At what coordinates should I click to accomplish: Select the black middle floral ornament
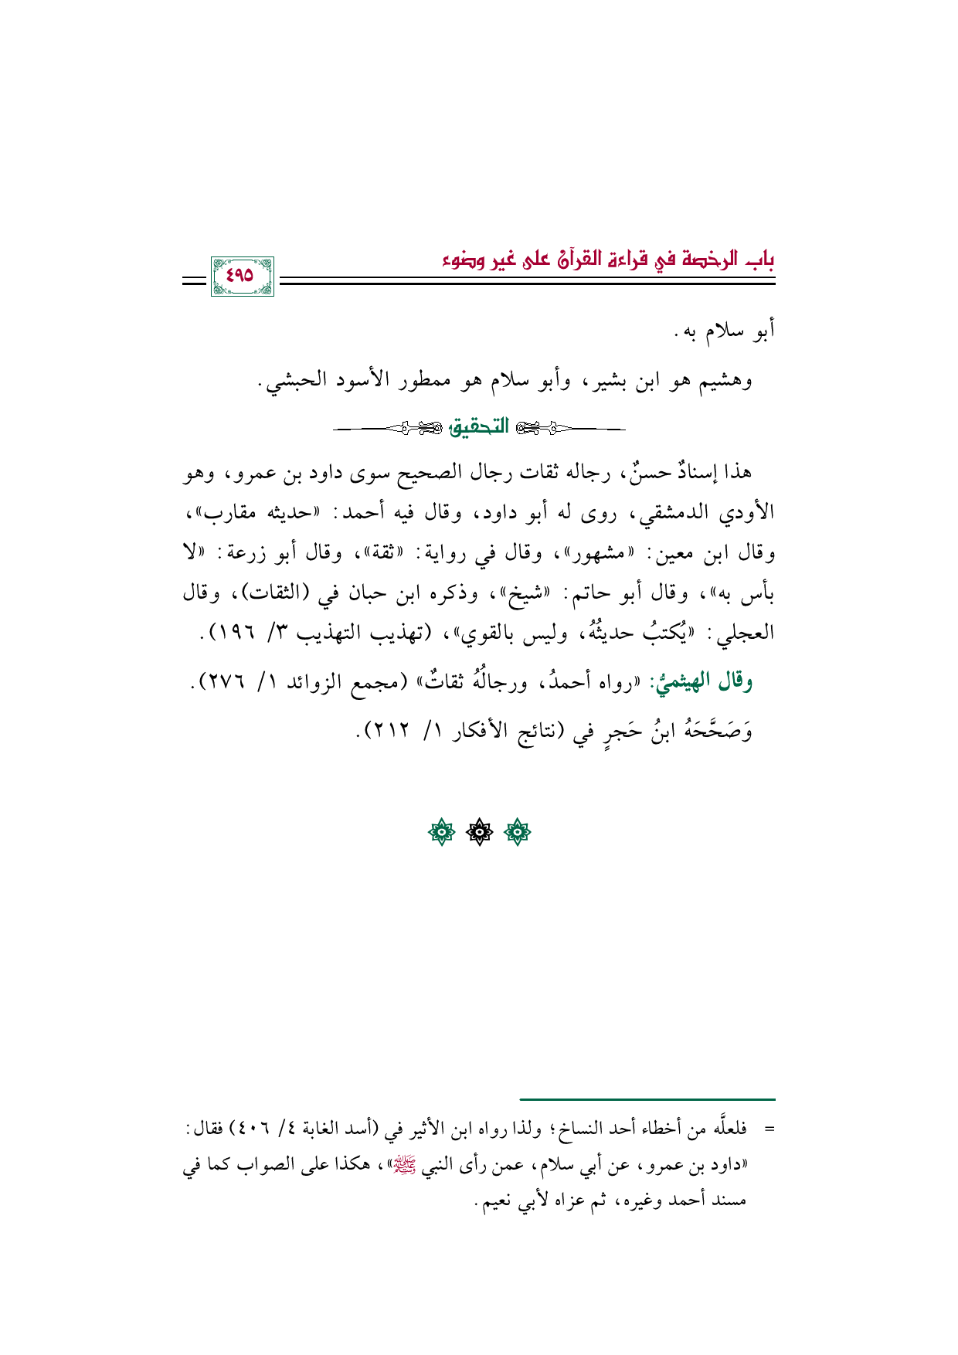coord(479,832)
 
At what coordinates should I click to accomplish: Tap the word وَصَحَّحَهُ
coord(715,730)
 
